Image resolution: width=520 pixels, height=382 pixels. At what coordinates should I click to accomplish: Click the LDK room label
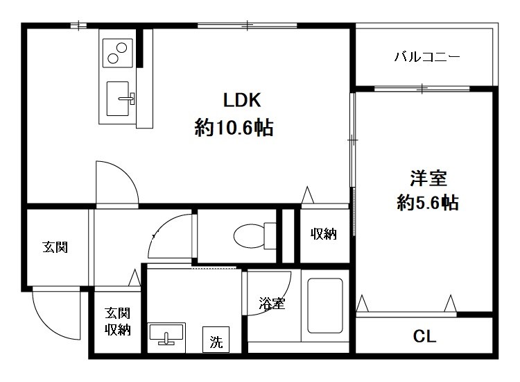click(241, 100)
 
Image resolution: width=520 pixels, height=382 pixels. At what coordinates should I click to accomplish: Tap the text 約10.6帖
click(233, 128)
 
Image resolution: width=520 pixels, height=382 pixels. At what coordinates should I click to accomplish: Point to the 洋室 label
click(427, 178)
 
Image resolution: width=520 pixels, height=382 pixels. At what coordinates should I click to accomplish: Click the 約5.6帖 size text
click(428, 203)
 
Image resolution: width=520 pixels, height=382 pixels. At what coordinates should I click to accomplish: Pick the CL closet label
click(424, 338)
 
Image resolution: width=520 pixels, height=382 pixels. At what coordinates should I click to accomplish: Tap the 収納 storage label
click(323, 235)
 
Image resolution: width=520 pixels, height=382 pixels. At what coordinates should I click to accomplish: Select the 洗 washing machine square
click(216, 341)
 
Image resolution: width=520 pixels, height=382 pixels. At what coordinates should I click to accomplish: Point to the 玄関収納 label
click(117, 321)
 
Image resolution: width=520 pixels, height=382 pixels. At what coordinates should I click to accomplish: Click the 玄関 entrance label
click(55, 247)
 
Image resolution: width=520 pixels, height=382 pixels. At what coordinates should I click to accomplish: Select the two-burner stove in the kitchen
click(118, 51)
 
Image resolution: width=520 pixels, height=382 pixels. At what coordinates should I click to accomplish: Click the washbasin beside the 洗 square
click(166, 334)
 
